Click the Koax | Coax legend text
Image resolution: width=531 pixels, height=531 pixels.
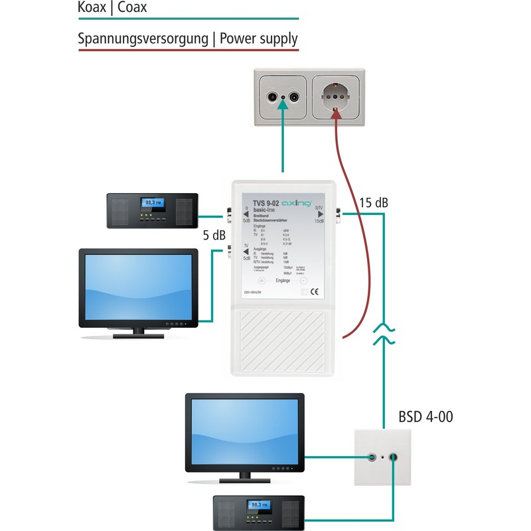coord(112,9)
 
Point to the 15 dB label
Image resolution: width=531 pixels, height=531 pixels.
coord(373,203)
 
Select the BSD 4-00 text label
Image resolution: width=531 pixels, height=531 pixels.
coord(425,417)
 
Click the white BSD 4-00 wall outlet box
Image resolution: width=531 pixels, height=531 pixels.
coord(384,458)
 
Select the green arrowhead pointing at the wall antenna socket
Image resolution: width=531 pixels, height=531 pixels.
coord(284,114)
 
